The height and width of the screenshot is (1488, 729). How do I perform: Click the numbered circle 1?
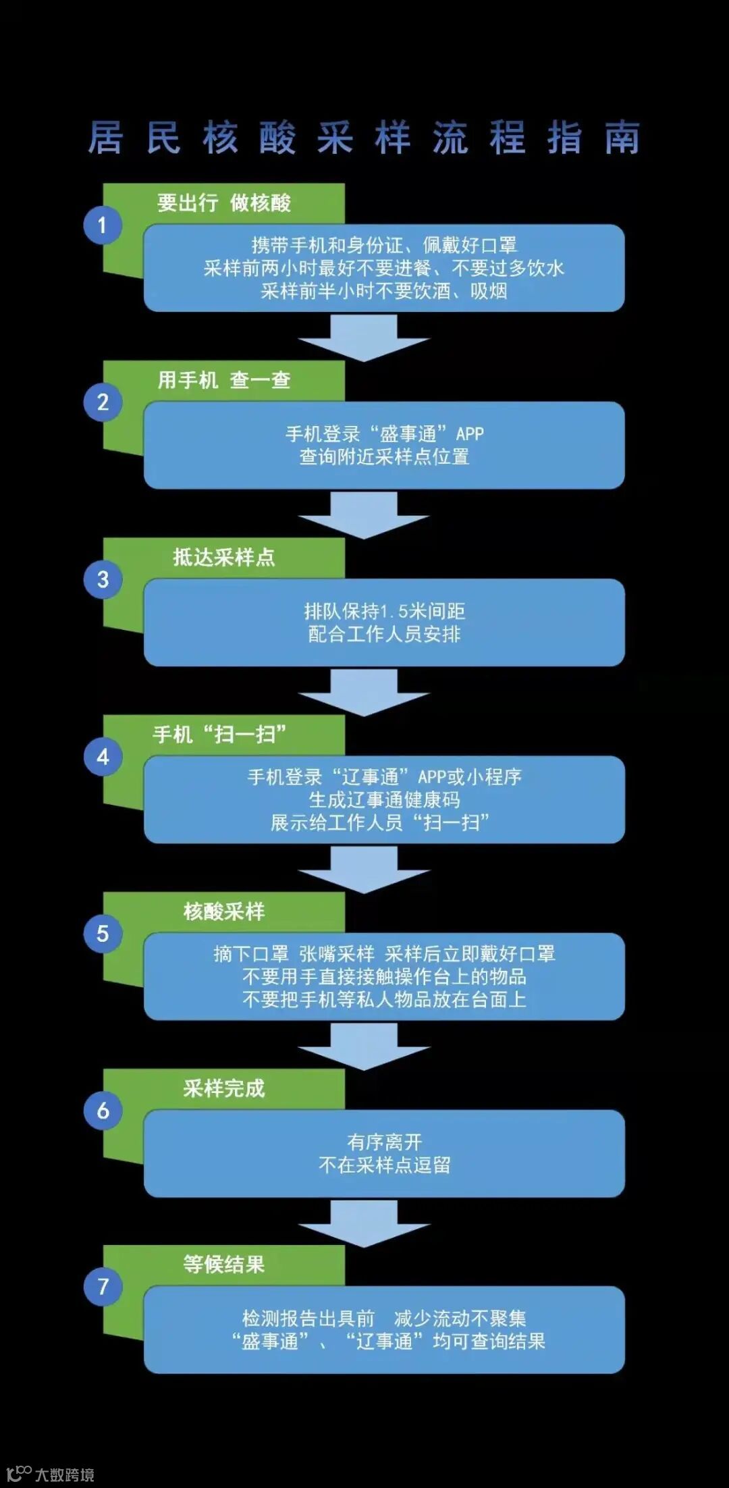coord(103,225)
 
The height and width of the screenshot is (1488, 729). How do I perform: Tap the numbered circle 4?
coord(103,756)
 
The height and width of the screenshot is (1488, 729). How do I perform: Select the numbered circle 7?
coord(103,1286)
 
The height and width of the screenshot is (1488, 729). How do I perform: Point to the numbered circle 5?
coord(103,933)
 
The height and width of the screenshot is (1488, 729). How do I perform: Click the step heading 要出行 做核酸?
coord(224,203)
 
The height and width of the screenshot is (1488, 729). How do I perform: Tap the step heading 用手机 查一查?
coord(224,380)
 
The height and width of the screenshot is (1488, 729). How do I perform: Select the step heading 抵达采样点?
coord(224,557)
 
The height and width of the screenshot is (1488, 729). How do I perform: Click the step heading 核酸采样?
coord(224,911)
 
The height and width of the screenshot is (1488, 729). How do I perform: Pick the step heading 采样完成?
coord(224,1088)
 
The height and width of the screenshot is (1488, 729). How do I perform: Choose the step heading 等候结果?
coord(224,1265)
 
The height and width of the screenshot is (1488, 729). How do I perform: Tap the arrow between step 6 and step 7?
coord(364,1224)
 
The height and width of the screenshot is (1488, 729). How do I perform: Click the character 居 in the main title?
coord(106,138)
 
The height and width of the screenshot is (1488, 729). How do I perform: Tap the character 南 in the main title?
coord(622,138)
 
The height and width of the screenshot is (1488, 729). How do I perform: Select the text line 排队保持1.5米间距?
coord(384,611)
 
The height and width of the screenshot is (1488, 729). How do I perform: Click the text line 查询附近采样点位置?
coord(384,457)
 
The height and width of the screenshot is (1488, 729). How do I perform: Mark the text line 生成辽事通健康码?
coord(384,800)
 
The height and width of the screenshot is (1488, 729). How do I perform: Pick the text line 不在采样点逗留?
coord(384,1165)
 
